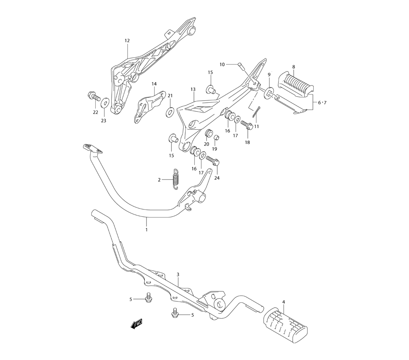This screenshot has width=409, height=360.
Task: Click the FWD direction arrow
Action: tap(136, 324)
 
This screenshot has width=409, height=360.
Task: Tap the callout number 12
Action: tap(127, 40)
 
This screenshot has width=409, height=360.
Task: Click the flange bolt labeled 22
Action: tap(94, 97)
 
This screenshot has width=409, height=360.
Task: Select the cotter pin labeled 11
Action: tap(255, 111)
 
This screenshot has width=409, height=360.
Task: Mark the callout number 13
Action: tap(193, 89)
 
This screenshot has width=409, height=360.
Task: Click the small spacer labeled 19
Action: tap(216, 137)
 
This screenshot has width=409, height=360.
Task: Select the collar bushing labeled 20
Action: tap(207, 133)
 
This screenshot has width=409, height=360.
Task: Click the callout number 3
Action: tap(178, 274)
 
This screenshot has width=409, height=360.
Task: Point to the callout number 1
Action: tap(146, 230)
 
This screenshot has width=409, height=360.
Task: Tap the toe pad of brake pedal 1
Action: tap(91, 148)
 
